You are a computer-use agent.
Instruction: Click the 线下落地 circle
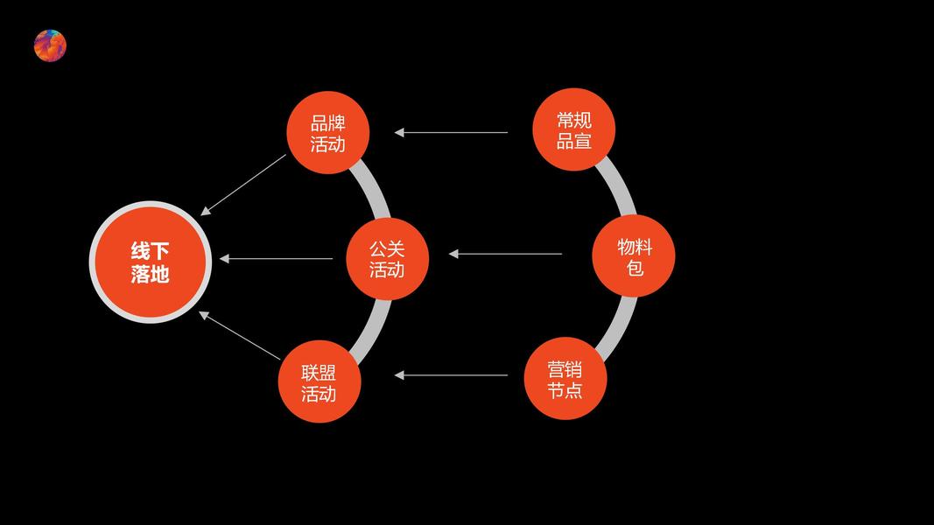(x=151, y=262)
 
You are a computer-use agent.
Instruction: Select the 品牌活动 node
(x=328, y=133)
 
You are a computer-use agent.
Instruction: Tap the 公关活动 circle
(x=387, y=259)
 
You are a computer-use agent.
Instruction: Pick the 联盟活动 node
(x=320, y=382)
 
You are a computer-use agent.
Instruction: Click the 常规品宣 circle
(x=574, y=129)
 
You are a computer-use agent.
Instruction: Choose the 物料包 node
(x=634, y=256)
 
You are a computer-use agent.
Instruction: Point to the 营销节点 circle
(x=565, y=378)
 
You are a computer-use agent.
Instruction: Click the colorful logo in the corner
(x=50, y=45)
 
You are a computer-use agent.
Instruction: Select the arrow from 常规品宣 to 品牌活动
(x=451, y=133)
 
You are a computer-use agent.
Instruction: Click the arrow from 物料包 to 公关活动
(x=505, y=254)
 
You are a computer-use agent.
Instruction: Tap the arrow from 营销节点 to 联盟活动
(x=451, y=375)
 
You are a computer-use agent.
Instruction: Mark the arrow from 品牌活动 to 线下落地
(x=244, y=185)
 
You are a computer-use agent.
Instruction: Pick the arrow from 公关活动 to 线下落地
(x=276, y=259)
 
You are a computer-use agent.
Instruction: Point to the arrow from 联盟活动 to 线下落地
(x=240, y=335)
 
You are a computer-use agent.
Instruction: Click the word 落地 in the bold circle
(x=151, y=274)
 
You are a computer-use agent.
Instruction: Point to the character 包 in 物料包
(x=635, y=268)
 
